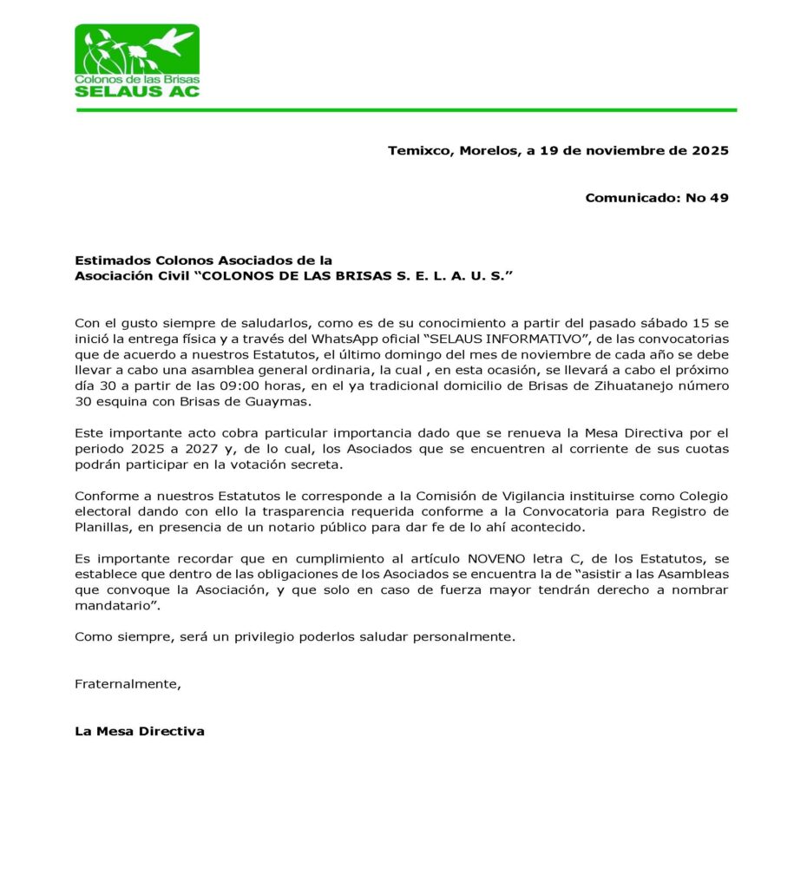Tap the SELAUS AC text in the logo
coord(137,90)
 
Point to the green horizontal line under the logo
coord(406,110)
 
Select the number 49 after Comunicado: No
coord(719,197)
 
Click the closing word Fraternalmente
coord(128,683)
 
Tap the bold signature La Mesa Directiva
coord(140,731)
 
